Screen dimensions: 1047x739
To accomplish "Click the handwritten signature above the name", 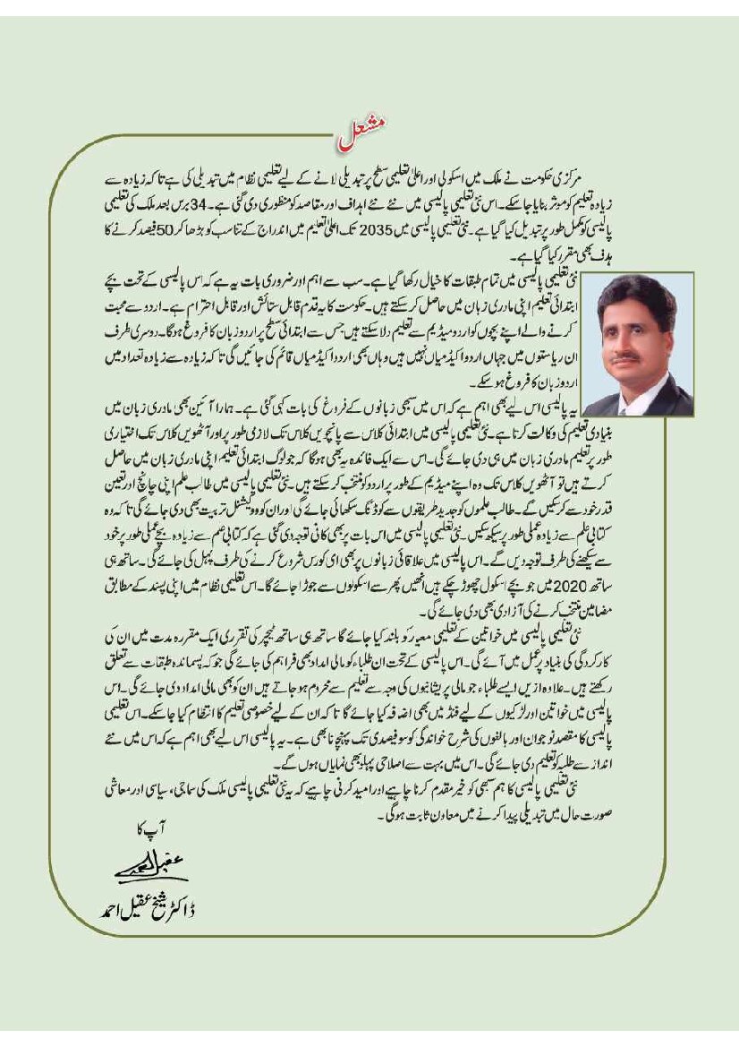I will click(x=134, y=870).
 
